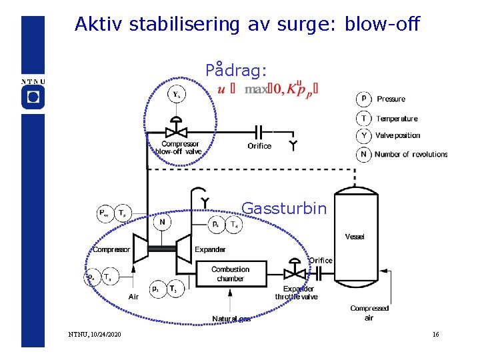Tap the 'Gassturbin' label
284,209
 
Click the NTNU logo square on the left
33,97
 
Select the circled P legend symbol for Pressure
363,99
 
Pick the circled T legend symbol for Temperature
363,118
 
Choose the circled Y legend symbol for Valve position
363,135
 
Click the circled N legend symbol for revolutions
363,154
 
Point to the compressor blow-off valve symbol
177,128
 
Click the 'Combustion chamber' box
230,274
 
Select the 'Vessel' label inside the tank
355,237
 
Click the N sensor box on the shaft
163,221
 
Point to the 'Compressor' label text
111,249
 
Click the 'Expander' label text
210,249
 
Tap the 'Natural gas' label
231,319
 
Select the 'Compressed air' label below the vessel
369,313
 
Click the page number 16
435,334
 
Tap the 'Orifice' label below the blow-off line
259,146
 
